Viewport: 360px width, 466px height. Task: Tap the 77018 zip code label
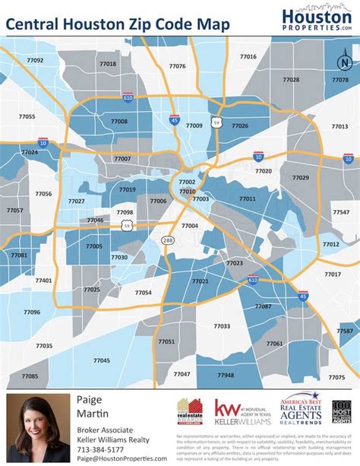coord(108,64)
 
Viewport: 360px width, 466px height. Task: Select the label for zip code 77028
coord(291,79)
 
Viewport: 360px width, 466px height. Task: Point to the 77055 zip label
coord(27,116)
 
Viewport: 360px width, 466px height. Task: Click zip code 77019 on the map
coord(128,189)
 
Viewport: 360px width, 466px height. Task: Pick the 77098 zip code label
coord(125,212)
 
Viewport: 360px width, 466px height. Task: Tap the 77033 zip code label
coord(222,325)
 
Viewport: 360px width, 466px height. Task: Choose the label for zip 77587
coord(346,331)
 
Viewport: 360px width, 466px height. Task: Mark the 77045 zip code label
coord(101,360)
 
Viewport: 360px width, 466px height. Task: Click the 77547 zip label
coord(340,214)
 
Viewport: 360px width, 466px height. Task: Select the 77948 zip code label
coord(226,375)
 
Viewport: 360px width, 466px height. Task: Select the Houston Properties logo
coord(316,19)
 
